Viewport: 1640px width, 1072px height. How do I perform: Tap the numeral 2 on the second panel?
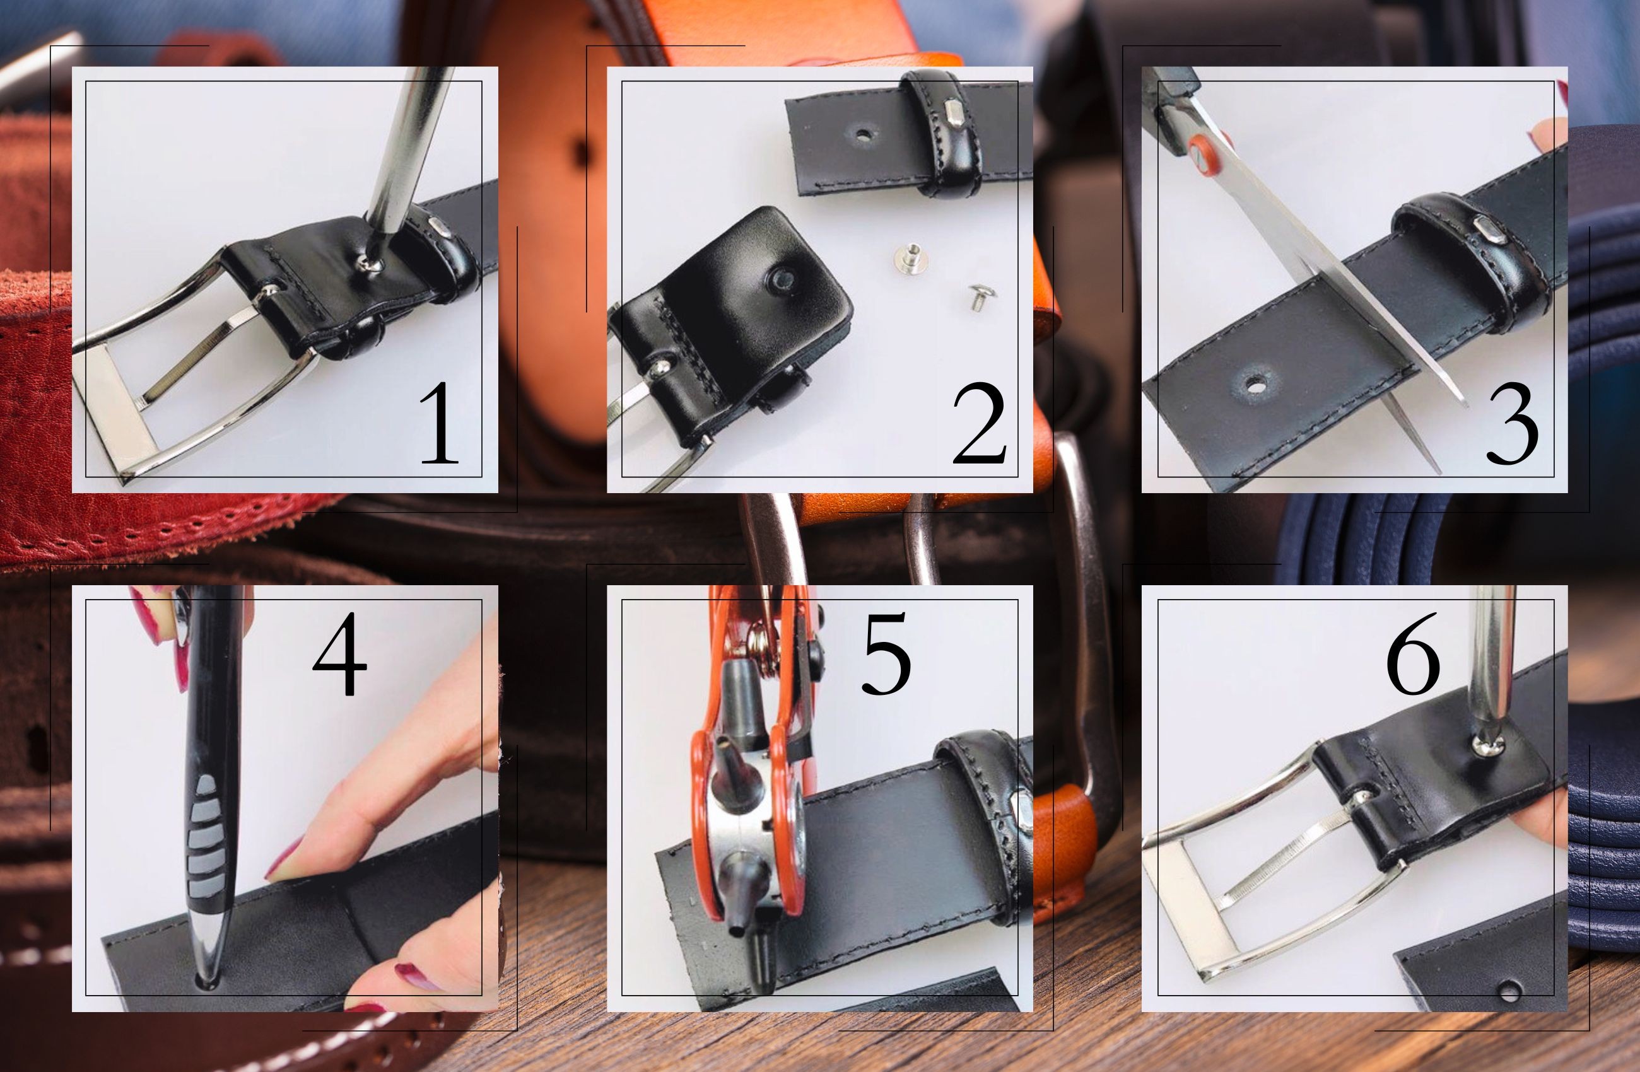point(978,423)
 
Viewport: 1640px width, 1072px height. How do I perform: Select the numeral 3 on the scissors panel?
point(1512,423)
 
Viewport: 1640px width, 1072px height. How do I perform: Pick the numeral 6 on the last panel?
point(1414,653)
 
